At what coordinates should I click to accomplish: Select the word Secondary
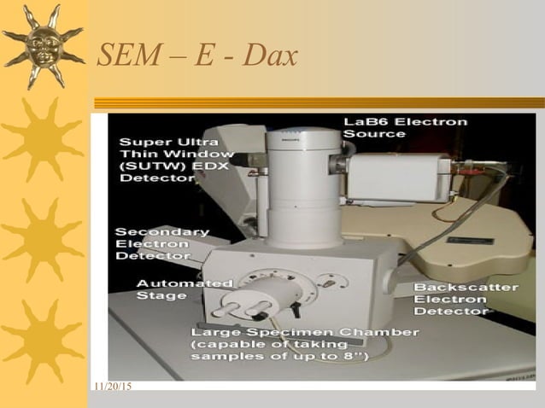[161, 232]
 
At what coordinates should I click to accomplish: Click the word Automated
[185, 283]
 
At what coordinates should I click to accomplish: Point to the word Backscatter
[466, 288]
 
